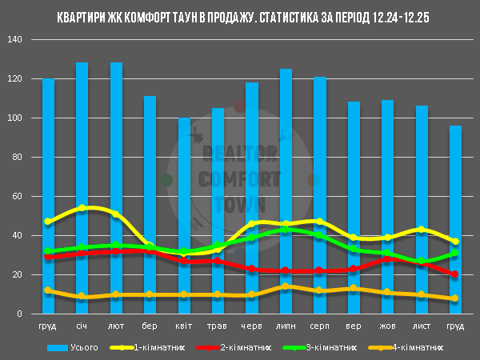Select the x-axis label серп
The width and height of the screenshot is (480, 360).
[x=319, y=327]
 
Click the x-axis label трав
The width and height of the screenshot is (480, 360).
[x=218, y=327]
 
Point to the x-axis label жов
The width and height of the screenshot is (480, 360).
[x=387, y=327]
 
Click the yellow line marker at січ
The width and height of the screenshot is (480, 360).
[x=82, y=208]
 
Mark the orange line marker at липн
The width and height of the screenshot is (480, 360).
[x=286, y=286]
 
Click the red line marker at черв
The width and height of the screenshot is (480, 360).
[x=252, y=270]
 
